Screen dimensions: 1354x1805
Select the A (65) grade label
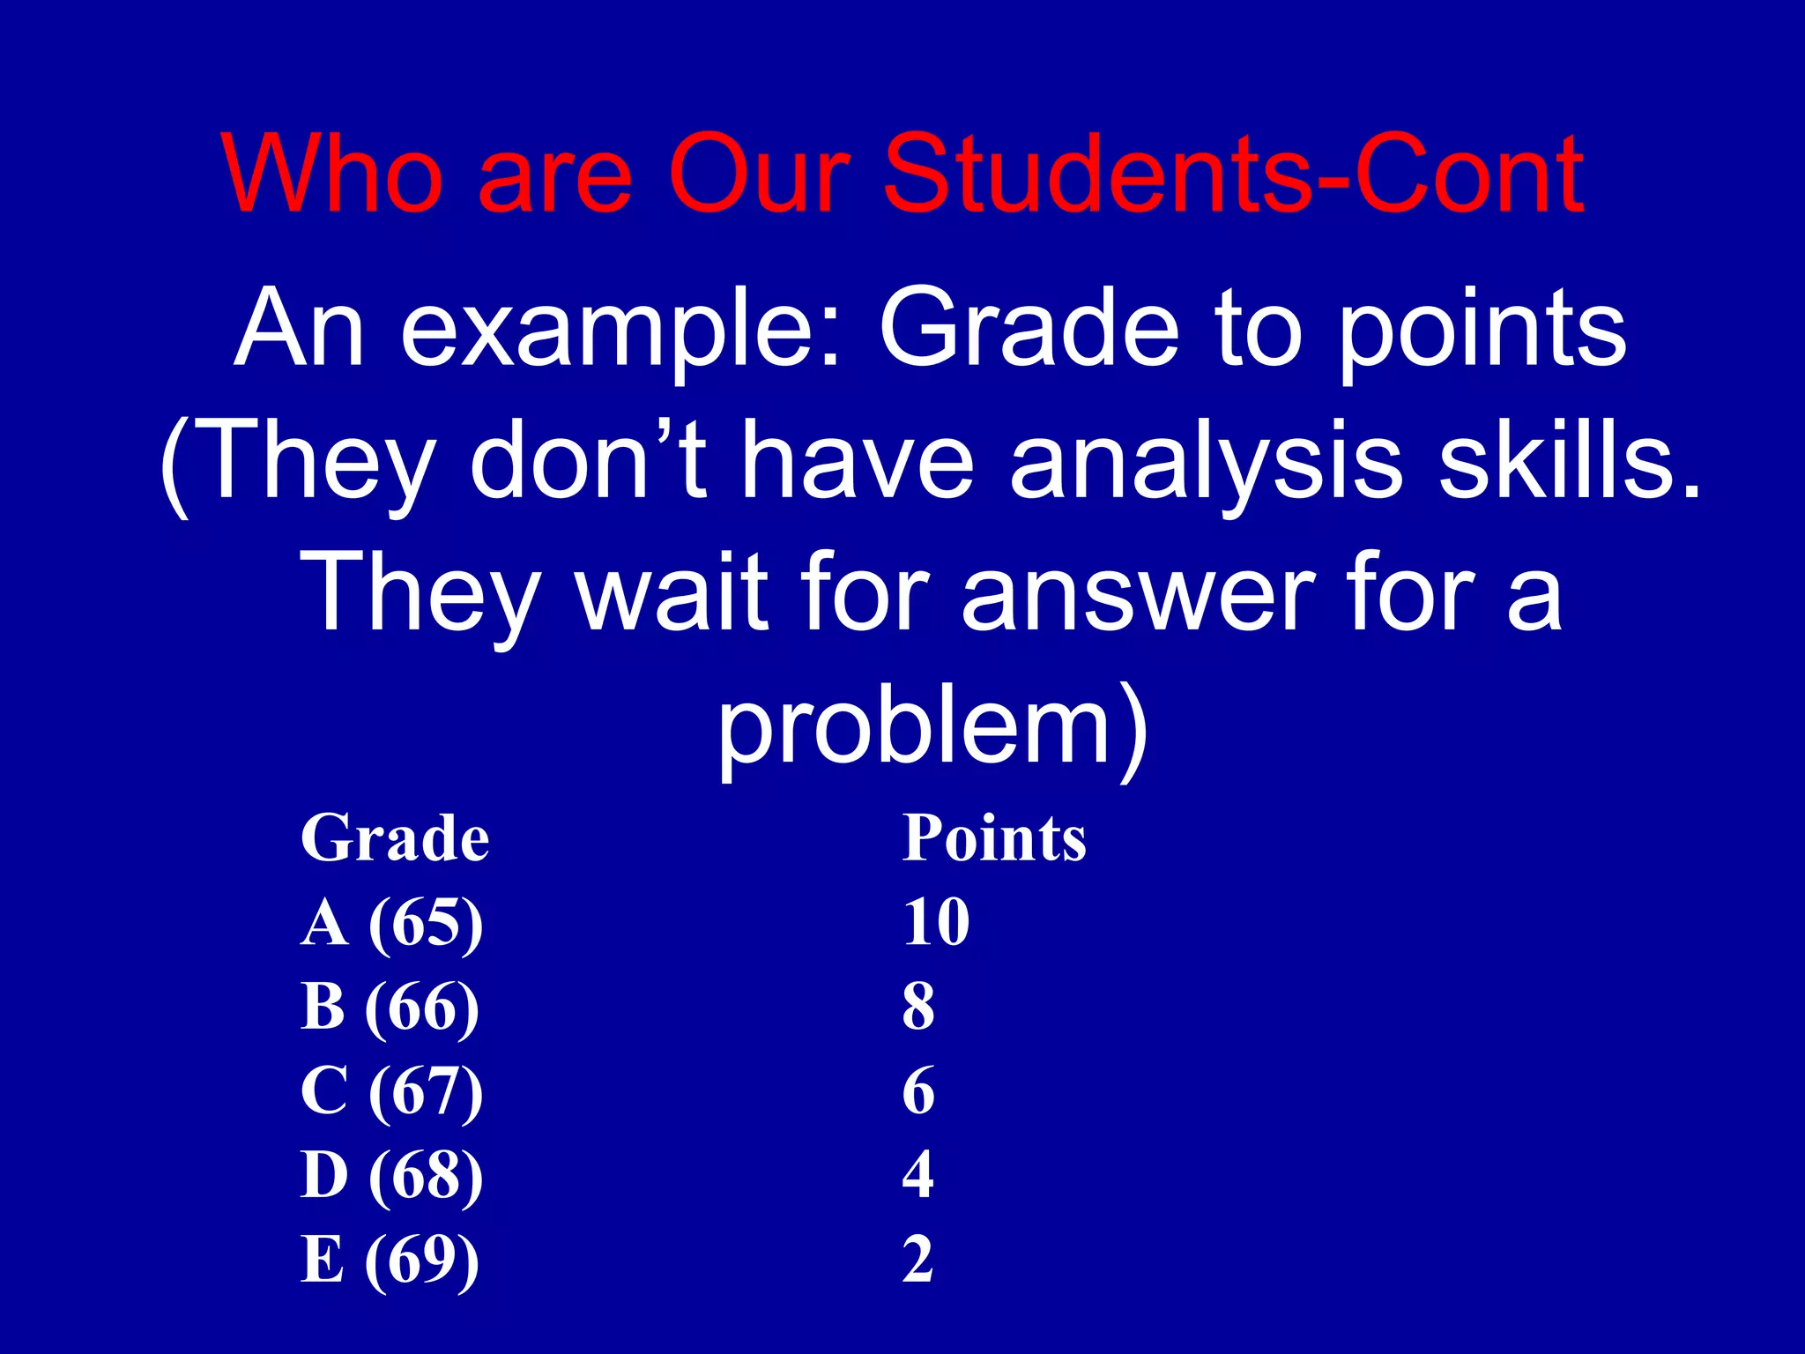[392, 923]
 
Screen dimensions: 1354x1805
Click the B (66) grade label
[390, 1008]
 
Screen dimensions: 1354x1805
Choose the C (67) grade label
[392, 1092]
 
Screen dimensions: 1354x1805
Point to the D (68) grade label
[392, 1176]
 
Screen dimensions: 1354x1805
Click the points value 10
[936, 923]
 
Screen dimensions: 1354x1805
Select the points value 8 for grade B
[918, 1007]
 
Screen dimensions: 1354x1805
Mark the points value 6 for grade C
[918, 1091]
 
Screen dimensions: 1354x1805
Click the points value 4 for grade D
[918, 1175]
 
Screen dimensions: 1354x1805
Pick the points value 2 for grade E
[918, 1260]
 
